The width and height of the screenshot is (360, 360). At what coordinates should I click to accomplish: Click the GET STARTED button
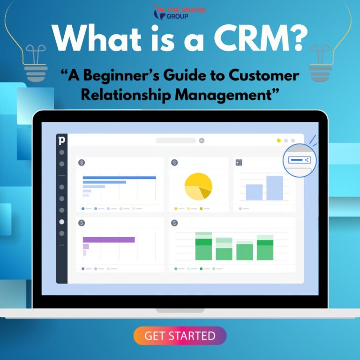(x=180, y=336)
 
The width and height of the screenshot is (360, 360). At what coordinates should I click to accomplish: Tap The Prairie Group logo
(x=180, y=12)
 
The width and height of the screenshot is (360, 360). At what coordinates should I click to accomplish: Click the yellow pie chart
(x=198, y=186)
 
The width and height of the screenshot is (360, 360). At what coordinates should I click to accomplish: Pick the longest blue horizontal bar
(x=119, y=178)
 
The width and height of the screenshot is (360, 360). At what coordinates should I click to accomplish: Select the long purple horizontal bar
(x=109, y=240)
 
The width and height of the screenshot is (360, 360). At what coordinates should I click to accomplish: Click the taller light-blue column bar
(x=275, y=188)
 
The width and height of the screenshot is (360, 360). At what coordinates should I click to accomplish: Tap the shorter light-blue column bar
(x=254, y=192)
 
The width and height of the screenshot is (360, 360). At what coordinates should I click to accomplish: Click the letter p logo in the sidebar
(x=62, y=140)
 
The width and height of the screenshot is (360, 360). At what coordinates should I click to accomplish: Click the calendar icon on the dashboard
(x=239, y=162)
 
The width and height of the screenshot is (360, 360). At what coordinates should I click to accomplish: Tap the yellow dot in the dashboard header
(x=279, y=140)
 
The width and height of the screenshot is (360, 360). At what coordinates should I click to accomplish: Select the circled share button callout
(x=300, y=160)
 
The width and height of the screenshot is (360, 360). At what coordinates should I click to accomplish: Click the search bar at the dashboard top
(x=176, y=140)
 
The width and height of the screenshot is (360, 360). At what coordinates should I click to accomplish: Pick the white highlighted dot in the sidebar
(x=62, y=222)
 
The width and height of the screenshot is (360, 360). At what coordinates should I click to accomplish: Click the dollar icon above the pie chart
(x=174, y=162)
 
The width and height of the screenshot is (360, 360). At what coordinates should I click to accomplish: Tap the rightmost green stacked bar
(x=265, y=247)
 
